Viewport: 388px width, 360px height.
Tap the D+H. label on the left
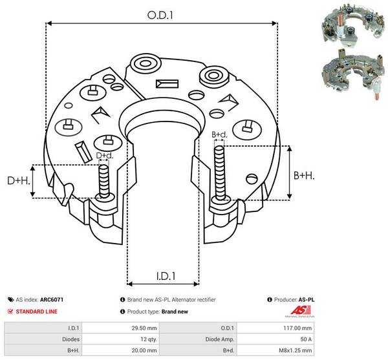(x=17, y=180)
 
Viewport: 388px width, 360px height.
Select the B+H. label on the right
(x=304, y=175)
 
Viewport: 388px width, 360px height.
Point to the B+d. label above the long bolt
(x=219, y=134)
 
